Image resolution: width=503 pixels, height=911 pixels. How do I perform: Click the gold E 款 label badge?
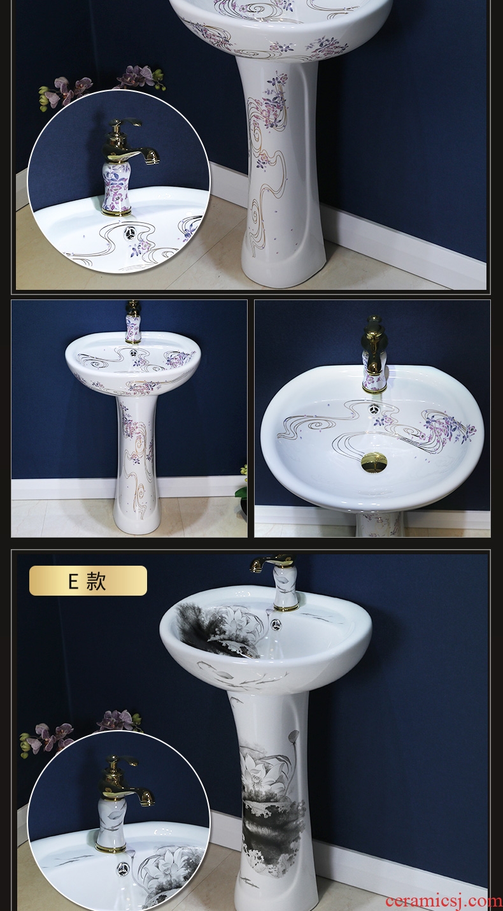pos(88,580)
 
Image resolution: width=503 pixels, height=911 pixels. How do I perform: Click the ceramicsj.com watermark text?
pos(444,901)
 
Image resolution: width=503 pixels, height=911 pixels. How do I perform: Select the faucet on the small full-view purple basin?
pos(132,324)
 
